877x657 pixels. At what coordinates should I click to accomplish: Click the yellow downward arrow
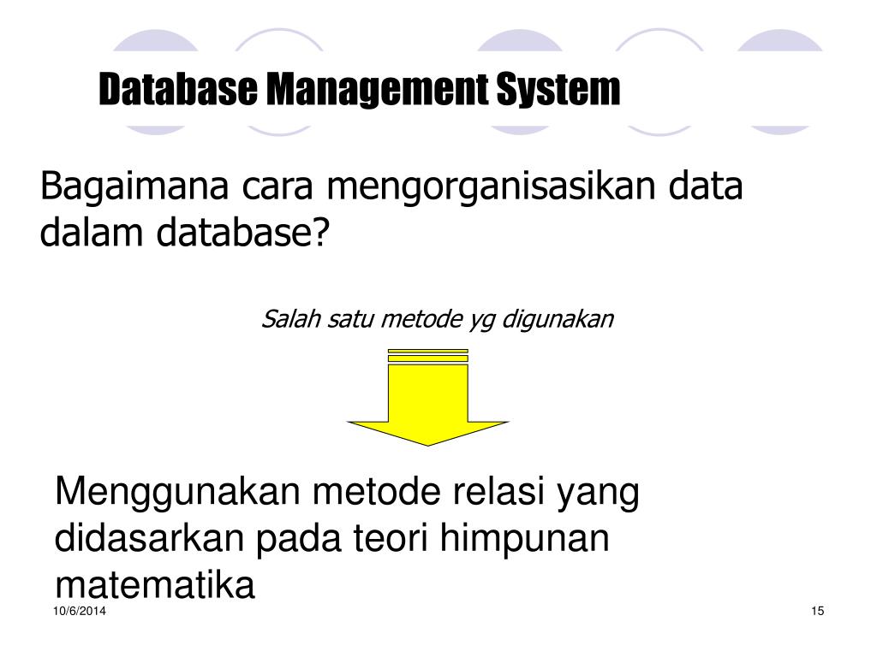[427, 402]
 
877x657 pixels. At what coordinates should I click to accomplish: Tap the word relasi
[500, 494]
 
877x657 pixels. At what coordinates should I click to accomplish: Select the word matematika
[155, 585]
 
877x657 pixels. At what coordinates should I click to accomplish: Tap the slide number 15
[816, 611]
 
